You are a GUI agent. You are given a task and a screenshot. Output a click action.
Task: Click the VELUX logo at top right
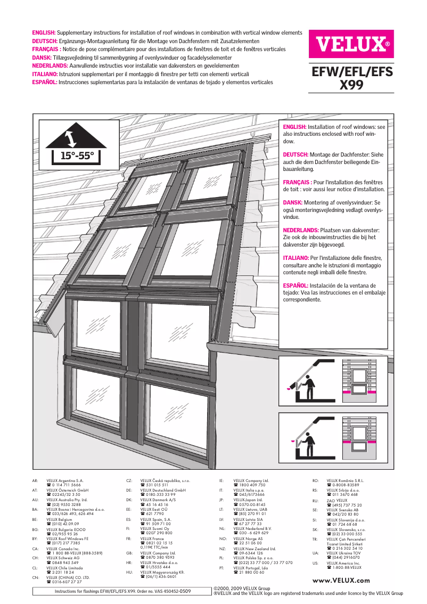(351, 44)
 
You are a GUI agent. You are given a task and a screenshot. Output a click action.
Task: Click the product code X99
(351, 85)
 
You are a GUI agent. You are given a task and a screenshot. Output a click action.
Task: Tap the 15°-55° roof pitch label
(77, 156)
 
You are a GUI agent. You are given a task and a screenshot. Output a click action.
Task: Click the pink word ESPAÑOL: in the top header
(45, 83)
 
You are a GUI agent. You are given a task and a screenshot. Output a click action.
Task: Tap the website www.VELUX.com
(341, 581)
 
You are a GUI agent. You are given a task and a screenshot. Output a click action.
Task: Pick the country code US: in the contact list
(315, 562)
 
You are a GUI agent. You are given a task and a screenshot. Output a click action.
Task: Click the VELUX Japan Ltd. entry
(248, 500)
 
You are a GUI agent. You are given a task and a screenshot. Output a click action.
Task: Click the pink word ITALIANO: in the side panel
(295, 258)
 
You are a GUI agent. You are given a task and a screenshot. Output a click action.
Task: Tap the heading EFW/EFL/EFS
(351, 72)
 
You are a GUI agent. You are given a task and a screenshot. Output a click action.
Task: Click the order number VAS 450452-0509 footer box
(123, 591)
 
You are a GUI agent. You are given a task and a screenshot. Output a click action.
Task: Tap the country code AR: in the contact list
(35, 481)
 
